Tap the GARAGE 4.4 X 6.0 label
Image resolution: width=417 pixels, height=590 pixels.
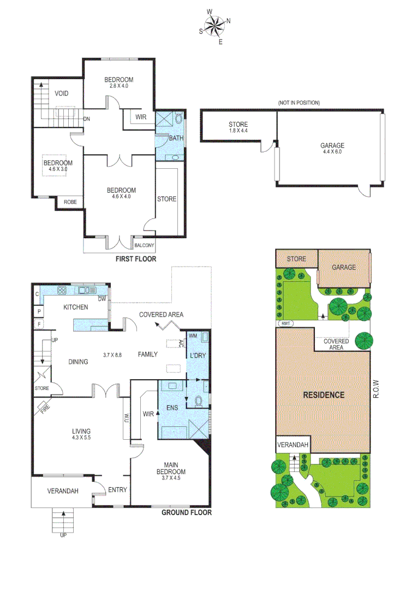pyautogui.click(x=332, y=149)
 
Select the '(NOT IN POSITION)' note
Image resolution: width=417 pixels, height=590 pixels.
pyautogui.click(x=299, y=103)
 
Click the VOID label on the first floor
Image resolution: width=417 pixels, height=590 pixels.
pyautogui.click(x=62, y=93)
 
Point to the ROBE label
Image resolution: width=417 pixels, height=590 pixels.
pyautogui.click(x=70, y=202)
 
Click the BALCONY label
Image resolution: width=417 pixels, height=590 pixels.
pyautogui.click(x=145, y=245)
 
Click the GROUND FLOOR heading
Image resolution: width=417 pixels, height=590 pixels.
pyautogui.click(x=187, y=512)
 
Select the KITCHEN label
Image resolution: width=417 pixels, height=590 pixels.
pyautogui.click(x=75, y=307)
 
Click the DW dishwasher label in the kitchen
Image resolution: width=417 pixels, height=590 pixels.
pyautogui.click(x=102, y=299)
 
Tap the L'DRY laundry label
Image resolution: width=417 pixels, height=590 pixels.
pyautogui.click(x=196, y=356)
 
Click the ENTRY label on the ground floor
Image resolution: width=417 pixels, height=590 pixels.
pyautogui.click(x=117, y=490)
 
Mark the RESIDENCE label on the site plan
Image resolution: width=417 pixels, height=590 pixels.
pyautogui.click(x=324, y=395)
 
